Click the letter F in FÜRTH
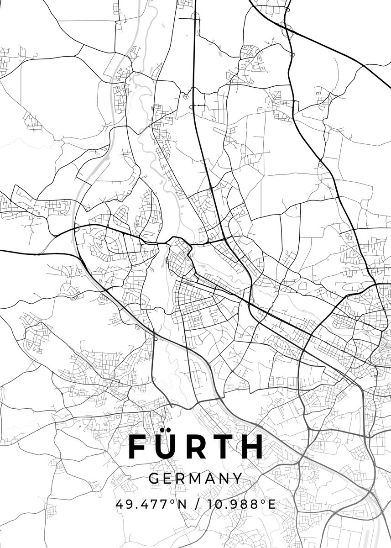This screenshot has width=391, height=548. pos(139,447)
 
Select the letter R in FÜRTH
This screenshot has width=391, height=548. pos(199,447)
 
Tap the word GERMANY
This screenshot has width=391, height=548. pos(195,478)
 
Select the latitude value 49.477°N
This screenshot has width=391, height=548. pos(151,504)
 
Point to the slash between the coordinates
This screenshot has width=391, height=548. pos(197,504)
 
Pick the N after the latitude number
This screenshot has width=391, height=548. pos(182,504)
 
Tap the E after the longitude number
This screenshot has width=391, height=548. pos(272,504)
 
